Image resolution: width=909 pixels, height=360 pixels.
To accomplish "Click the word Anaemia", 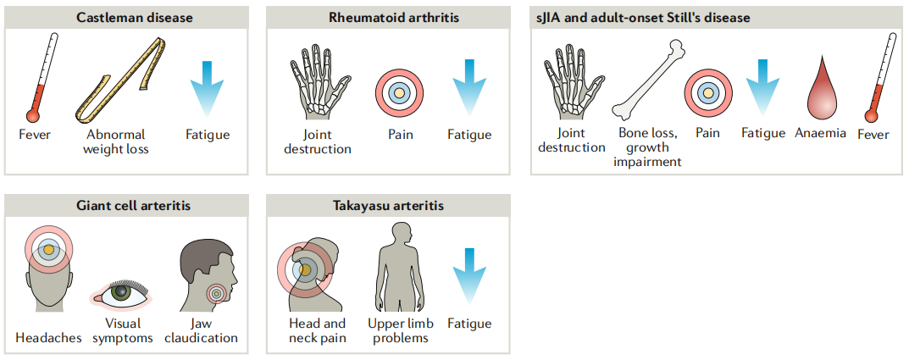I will pos(820,133).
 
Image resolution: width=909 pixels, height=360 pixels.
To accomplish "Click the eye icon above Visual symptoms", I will pos(123,293).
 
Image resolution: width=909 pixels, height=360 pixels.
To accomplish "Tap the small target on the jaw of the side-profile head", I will pos(218,293).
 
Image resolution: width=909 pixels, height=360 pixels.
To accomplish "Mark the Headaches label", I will pos(48,338).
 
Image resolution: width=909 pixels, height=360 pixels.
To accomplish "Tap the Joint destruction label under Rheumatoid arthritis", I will pos(318,141).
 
